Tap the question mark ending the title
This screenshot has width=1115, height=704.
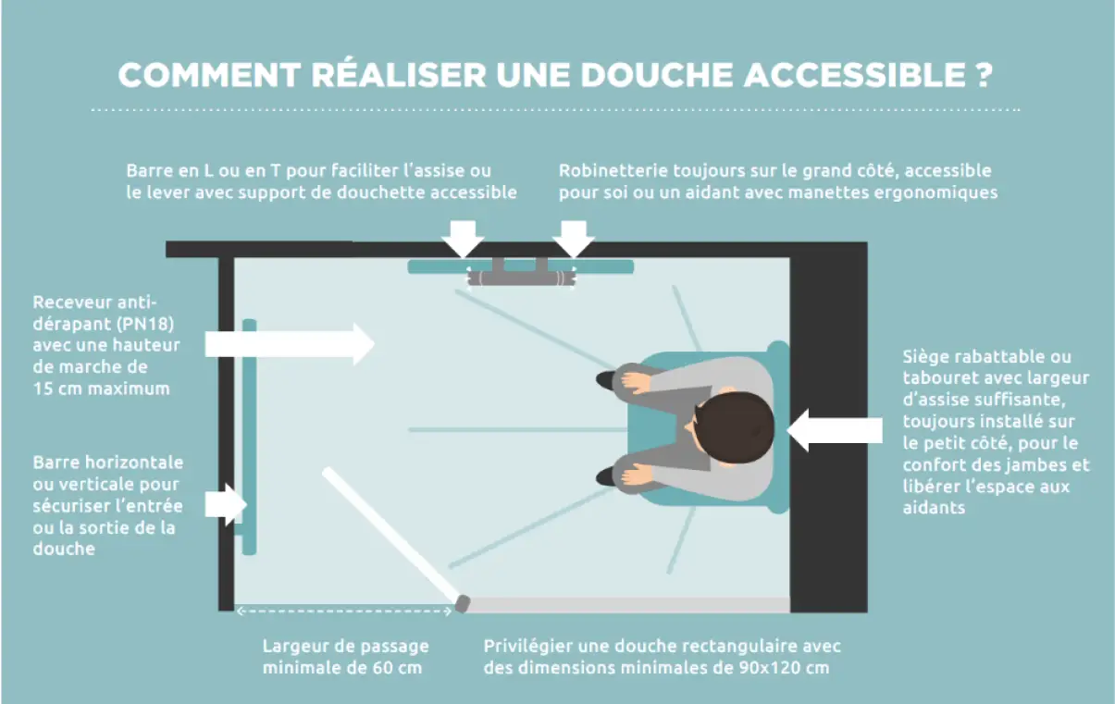click(984, 76)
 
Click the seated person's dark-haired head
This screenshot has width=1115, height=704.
click(735, 427)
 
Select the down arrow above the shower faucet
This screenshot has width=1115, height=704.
click(575, 238)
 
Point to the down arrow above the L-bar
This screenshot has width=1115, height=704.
click(462, 238)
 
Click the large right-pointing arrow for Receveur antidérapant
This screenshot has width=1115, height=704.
click(289, 343)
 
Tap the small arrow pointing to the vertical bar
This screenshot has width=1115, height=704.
click(226, 504)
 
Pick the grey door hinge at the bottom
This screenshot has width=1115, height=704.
click(463, 604)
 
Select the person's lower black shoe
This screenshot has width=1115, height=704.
click(607, 476)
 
